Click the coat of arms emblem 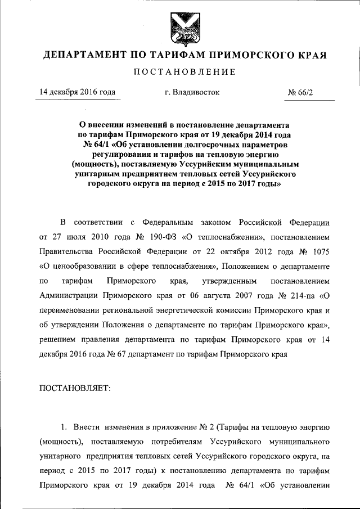point(179,28)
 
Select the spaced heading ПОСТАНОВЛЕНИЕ point(180,73)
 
